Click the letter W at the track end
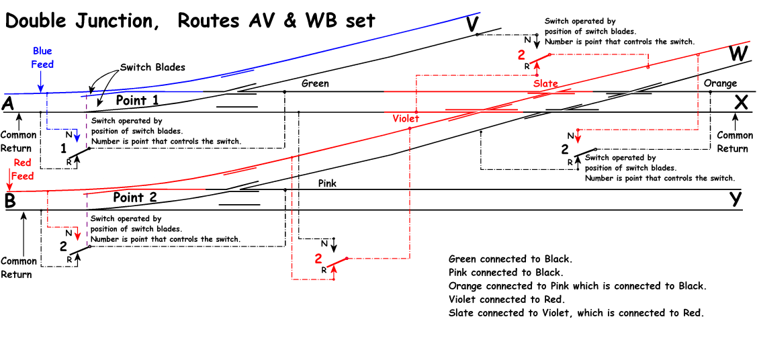point(738,54)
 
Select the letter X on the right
point(740,102)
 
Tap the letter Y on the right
point(737,199)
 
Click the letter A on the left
point(9,103)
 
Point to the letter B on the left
point(9,200)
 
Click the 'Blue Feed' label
point(42,58)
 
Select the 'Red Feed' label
point(22,169)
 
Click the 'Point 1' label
point(137,100)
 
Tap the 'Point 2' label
point(135,197)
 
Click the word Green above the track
point(315,83)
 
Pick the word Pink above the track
point(327,183)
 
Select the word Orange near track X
point(720,83)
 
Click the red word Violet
point(406,118)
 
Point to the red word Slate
point(546,83)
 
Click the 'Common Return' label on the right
point(735,142)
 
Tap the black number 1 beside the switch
point(63,147)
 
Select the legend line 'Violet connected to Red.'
point(506,300)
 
